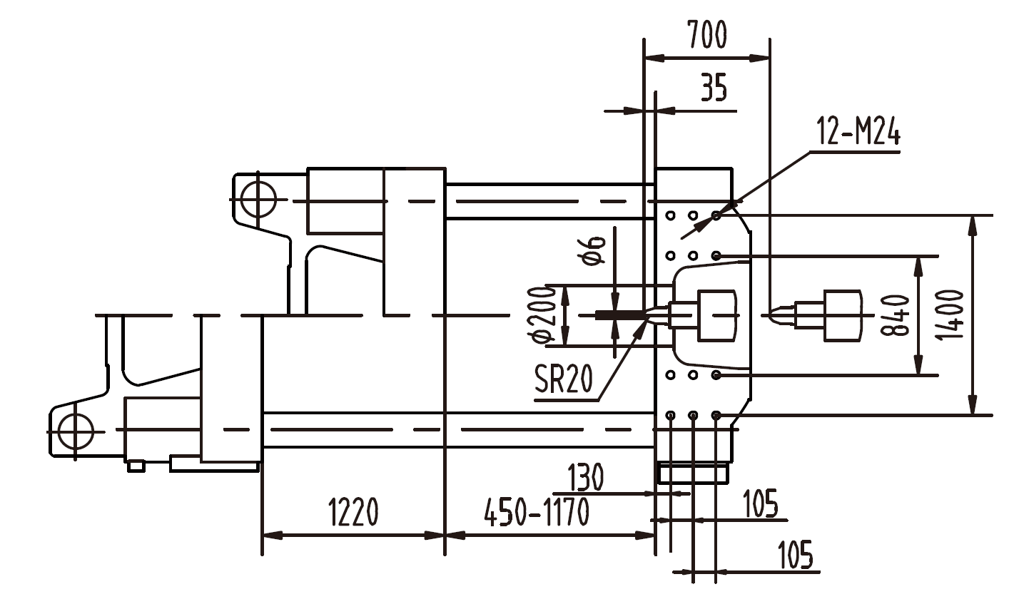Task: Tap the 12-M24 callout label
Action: [x=858, y=133]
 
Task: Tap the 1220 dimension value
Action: [x=353, y=512]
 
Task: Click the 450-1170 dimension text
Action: [x=537, y=512]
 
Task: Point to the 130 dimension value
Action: [x=585, y=476]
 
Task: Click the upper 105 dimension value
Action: [x=760, y=504]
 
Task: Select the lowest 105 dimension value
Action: [x=795, y=556]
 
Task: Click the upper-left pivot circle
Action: [x=257, y=199]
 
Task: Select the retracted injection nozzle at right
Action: [x=821, y=314]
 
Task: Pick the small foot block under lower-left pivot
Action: [x=136, y=466]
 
